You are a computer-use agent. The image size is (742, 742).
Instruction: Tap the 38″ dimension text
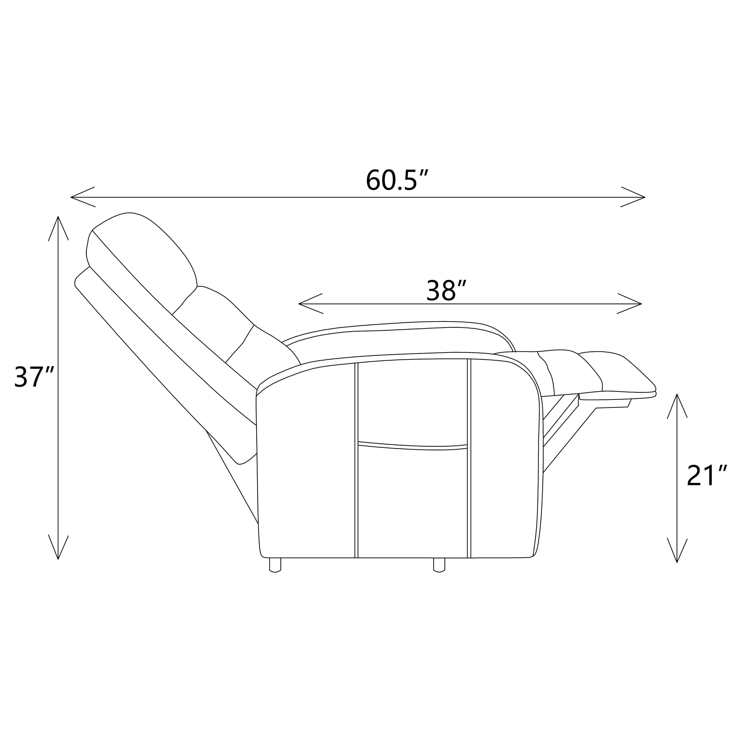[446, 290]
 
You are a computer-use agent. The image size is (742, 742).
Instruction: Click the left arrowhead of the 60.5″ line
[82, 197]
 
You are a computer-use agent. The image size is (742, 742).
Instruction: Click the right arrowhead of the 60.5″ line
[633, 197]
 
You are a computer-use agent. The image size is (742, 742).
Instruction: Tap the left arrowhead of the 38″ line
[310, 304]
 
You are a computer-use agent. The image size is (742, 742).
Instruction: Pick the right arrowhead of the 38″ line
[630, 304]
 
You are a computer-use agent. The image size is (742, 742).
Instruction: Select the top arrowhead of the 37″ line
[58, 228]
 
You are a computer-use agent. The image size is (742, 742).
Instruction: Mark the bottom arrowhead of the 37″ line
[58, 547]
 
